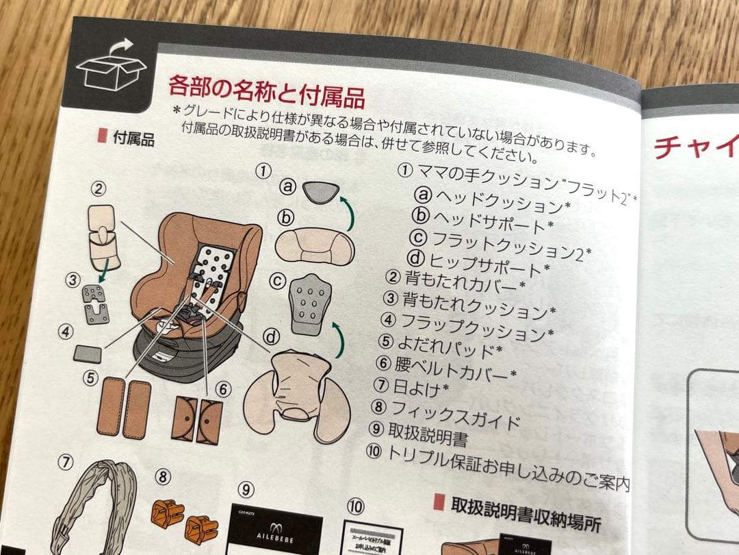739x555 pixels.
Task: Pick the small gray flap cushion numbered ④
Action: click(x=88, y=354)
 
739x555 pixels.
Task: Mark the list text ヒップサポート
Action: click(x=487, y=262)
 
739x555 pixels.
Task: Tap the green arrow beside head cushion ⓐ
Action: click(x=350, y=211)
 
